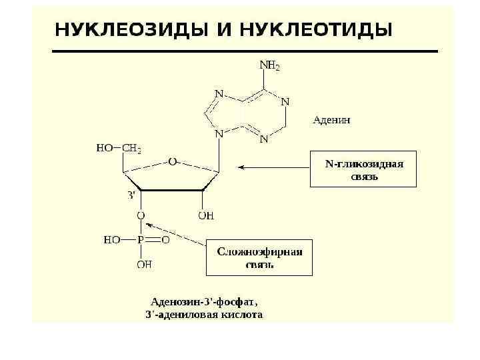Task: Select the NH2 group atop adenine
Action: [x=269, y=66]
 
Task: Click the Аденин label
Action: [x=332, y=121]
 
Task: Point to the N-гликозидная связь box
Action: [x=364, y=168]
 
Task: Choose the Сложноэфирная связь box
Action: [x=259, y=257]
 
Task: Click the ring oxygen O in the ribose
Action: [x=172, y=161]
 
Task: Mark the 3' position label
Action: [x=131, y=195]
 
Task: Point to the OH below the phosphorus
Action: [x=143, y=265]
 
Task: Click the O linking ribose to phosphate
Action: [x=141, y=216]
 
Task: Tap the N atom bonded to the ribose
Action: [x=219, y=133]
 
